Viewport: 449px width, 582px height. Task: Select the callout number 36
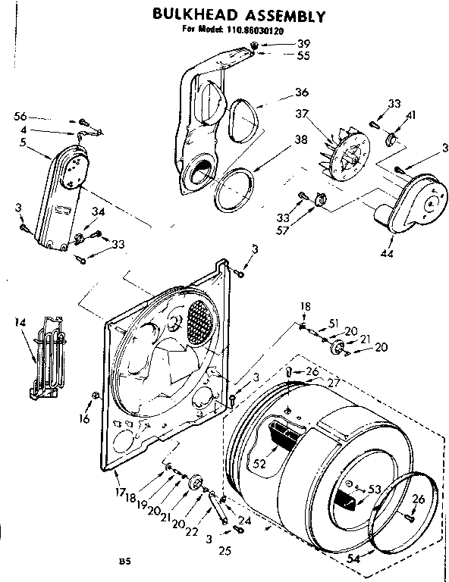281,92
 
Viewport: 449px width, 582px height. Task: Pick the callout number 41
411,114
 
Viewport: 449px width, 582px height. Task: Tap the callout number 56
20,116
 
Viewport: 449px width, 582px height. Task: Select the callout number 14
20,323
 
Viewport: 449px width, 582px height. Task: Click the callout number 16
84,418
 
